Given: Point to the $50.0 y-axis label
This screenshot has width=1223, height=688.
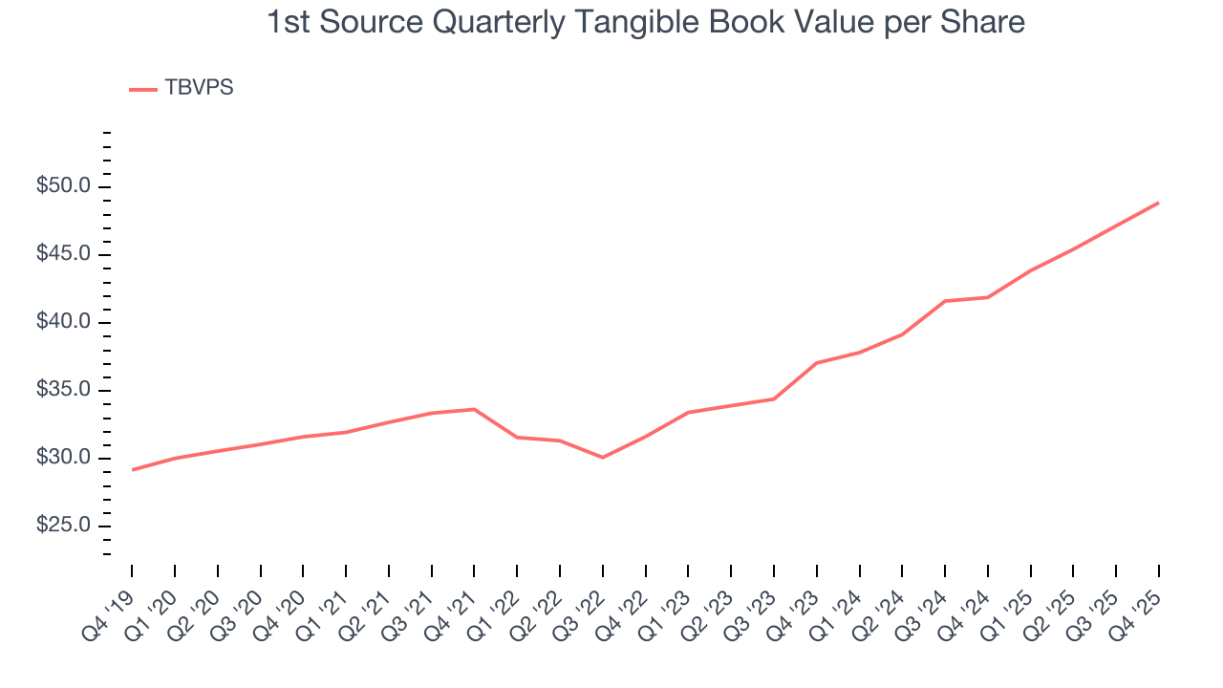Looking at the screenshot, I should coord(63,186).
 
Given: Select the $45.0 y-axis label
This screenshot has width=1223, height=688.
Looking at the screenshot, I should coord(63,254).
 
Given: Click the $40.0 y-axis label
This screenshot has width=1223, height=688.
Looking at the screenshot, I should coord(63,322).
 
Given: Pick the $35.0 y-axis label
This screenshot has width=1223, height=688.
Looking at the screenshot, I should coord(63,390).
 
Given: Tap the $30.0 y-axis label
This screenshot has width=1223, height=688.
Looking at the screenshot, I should coord(63,458).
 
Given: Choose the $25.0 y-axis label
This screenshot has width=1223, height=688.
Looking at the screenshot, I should coord(63,527).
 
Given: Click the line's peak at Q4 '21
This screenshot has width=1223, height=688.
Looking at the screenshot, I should coord(474,409).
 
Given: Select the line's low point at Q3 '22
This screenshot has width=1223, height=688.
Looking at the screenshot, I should coord(602,458).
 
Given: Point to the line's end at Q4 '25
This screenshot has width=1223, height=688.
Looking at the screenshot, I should coord(1158,203).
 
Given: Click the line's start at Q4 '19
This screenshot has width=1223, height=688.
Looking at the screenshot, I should coord(132,470).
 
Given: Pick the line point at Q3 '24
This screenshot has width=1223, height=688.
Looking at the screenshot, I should coord(945,301).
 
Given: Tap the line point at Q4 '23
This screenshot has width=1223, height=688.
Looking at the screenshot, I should coord(817,363).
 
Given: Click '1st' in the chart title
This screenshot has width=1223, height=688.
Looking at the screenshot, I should coord(288,23).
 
